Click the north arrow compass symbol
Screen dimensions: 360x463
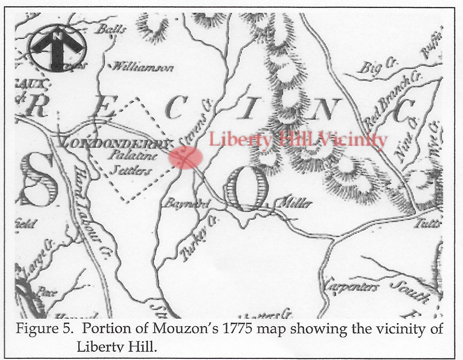57,48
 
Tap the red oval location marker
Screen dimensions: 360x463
186,157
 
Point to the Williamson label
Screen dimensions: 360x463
142,67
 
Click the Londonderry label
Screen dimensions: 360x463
115,144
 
